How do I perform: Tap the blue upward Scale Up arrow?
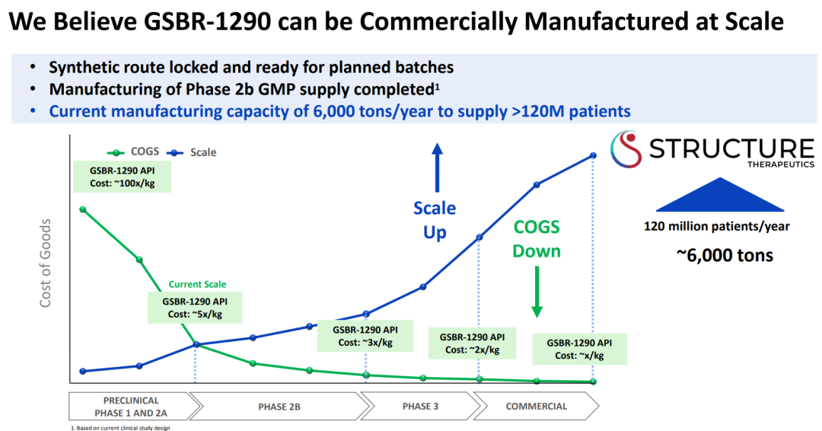coord(437,168)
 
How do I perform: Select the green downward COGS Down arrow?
coord(537,293)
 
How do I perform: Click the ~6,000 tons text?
coord(724,255)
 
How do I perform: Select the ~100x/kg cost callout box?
coord(122,177)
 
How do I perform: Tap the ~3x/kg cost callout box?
coord(365,336)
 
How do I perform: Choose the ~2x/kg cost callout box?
coord(472,343)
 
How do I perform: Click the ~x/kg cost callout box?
coord(579,349)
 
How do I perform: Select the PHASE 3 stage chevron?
coord(420,406)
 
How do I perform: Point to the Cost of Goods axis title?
coord(46,263)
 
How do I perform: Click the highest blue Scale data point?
coord(593,156)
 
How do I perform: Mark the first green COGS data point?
coord(82,209)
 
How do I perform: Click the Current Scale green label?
coord(197,284)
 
